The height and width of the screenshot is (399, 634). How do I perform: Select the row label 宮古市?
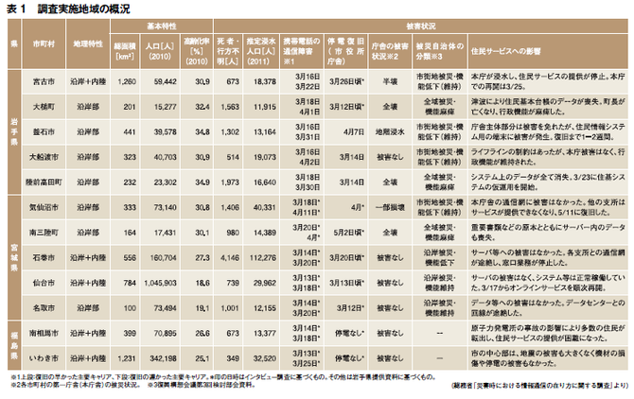pyautogui.click(x=43, y=82)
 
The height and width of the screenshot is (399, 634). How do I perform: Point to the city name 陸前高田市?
pyautogui.click(x=43, y=179)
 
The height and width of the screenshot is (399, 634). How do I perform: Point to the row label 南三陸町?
pyautogui.click(x=43, y=231)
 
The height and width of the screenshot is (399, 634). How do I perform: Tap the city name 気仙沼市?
pyautogui.click(x=43, y=205)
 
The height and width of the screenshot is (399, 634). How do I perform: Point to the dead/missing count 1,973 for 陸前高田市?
pyautogui.click(x=228, y=179)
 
